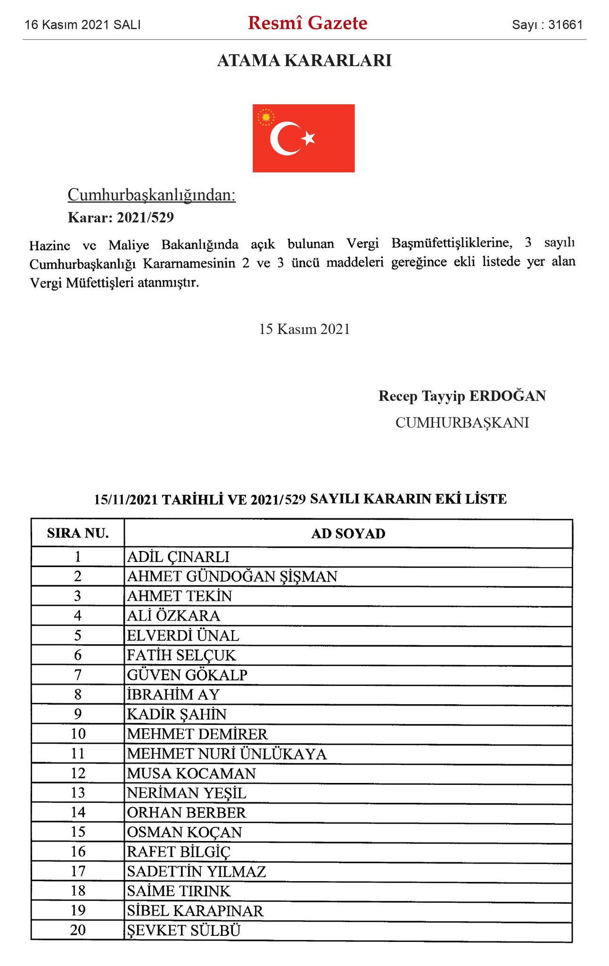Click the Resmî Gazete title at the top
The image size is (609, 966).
[x=307, y=23]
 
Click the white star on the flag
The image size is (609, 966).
[x=309, y=138]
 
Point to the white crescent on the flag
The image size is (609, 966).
[x=283, y=138]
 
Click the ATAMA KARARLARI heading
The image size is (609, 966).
[x=304, y=61]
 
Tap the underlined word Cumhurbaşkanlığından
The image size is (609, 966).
[x=152, y=195]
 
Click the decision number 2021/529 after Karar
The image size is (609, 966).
[x=145, y=217]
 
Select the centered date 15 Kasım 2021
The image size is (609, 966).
[x=304, y=329]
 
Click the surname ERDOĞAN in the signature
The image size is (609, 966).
[x=507, y=396]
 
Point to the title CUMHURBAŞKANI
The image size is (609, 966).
[x=462, y=422]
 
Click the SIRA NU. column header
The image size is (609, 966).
[x=78, y=533]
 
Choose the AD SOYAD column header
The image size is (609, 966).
[x=348, y=533]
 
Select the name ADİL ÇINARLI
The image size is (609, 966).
[x=178, y=557]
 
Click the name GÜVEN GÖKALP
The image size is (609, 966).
[x=187, y=675]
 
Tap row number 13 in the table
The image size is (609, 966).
[x=78, y=793]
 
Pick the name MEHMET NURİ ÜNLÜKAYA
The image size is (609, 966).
[x=227, y=754]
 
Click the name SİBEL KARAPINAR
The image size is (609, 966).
[x=195, y=911]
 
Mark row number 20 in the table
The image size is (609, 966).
[x=78, y=930]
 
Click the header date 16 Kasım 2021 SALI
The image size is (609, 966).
[x=83, y=25]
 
